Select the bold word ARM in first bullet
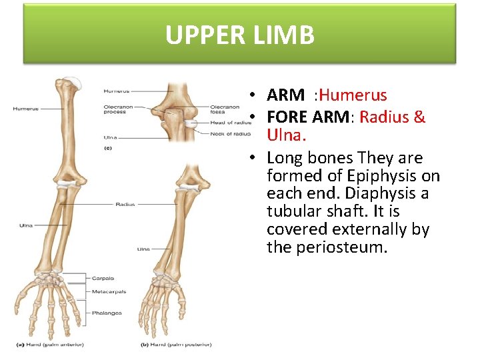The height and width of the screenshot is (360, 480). point(285,96)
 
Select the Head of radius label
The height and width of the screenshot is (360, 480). point(231,123)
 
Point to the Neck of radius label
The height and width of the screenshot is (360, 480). point(230,134)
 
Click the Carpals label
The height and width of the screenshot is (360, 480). point(103,279)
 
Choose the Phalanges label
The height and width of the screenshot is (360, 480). point(107,313)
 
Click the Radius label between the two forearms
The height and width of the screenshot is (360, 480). point(125,205)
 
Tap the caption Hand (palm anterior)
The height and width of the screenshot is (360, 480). point(42,345)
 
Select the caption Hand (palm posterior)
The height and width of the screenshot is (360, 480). point(176,345)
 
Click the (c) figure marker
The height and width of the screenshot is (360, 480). point(107,148)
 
